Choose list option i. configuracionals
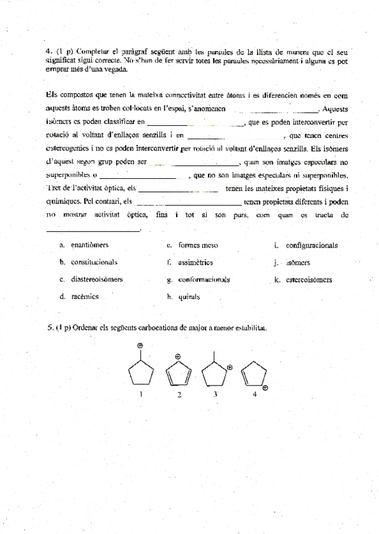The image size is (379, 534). tap(306, 246)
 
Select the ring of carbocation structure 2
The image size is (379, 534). tap(179, 376)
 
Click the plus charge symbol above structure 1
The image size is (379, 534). tap(141, 345)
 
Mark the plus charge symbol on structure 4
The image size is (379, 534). tap(266, 388)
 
